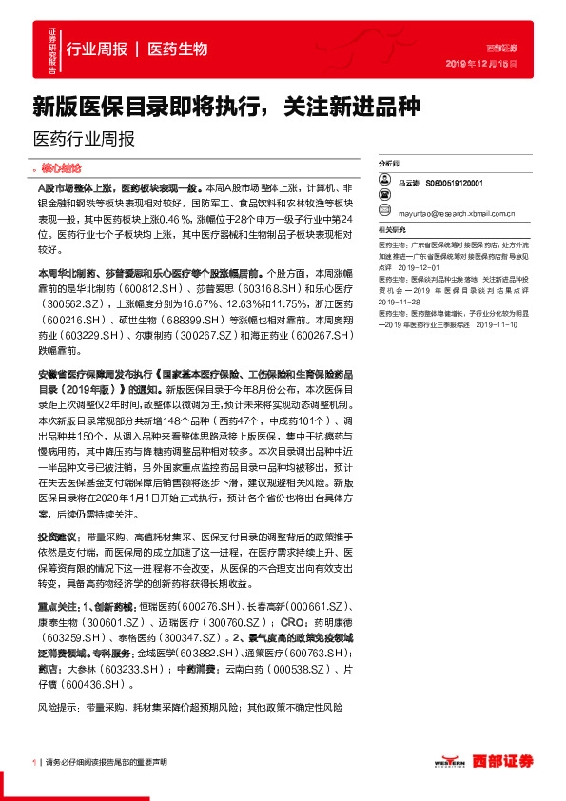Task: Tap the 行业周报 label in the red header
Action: pyautogui.click(x=96, y=49)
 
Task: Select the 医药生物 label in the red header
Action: pyautogui.click(x=178, y=49)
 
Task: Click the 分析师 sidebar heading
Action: pyautogui.click(x=390, y=164)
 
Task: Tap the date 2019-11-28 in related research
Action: pyautogui.click(x=400, y=303)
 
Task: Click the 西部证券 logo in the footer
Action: pyautogui.click(x=497, y=761)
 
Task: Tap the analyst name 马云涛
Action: pyautogui.click(x=408, y=181)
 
